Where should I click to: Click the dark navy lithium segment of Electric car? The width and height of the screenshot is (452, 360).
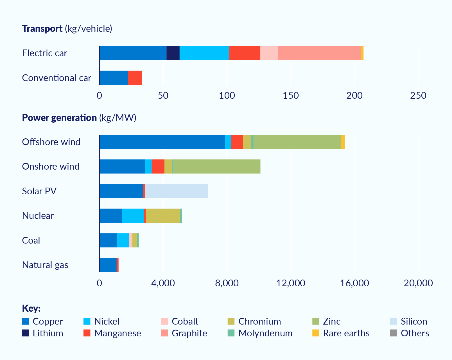(173, 53)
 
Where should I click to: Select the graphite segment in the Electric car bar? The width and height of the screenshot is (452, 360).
(319, 53)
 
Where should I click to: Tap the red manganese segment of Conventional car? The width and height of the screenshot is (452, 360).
(135, 78)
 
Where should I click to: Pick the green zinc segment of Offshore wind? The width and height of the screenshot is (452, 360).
(297, 142)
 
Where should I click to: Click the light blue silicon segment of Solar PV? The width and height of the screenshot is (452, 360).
(176, 191)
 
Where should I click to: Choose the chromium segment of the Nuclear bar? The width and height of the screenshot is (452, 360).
(163, 216)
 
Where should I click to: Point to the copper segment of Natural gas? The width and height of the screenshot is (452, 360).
(108, 265)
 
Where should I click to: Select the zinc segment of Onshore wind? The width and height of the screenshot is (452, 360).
(217, 166)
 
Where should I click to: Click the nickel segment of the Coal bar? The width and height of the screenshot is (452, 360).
(123, 240)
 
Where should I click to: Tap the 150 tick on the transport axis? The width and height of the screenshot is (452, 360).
(291, 96)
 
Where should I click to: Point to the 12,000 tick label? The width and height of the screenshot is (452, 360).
(291, 283)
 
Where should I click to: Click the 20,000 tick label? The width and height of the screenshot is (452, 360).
(418, 283)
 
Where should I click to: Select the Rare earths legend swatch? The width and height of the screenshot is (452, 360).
(316, 333)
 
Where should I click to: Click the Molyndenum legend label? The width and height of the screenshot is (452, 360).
(265, 333)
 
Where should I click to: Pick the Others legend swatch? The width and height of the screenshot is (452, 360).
(394, 333)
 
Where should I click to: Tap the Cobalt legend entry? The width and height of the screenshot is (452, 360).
(185, 321)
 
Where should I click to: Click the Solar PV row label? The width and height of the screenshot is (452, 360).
(39, 191)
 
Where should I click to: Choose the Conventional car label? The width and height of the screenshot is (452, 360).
(56, 78)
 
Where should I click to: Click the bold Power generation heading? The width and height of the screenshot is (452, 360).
(59, 118)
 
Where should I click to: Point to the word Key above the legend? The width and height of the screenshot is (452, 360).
(31, 308)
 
